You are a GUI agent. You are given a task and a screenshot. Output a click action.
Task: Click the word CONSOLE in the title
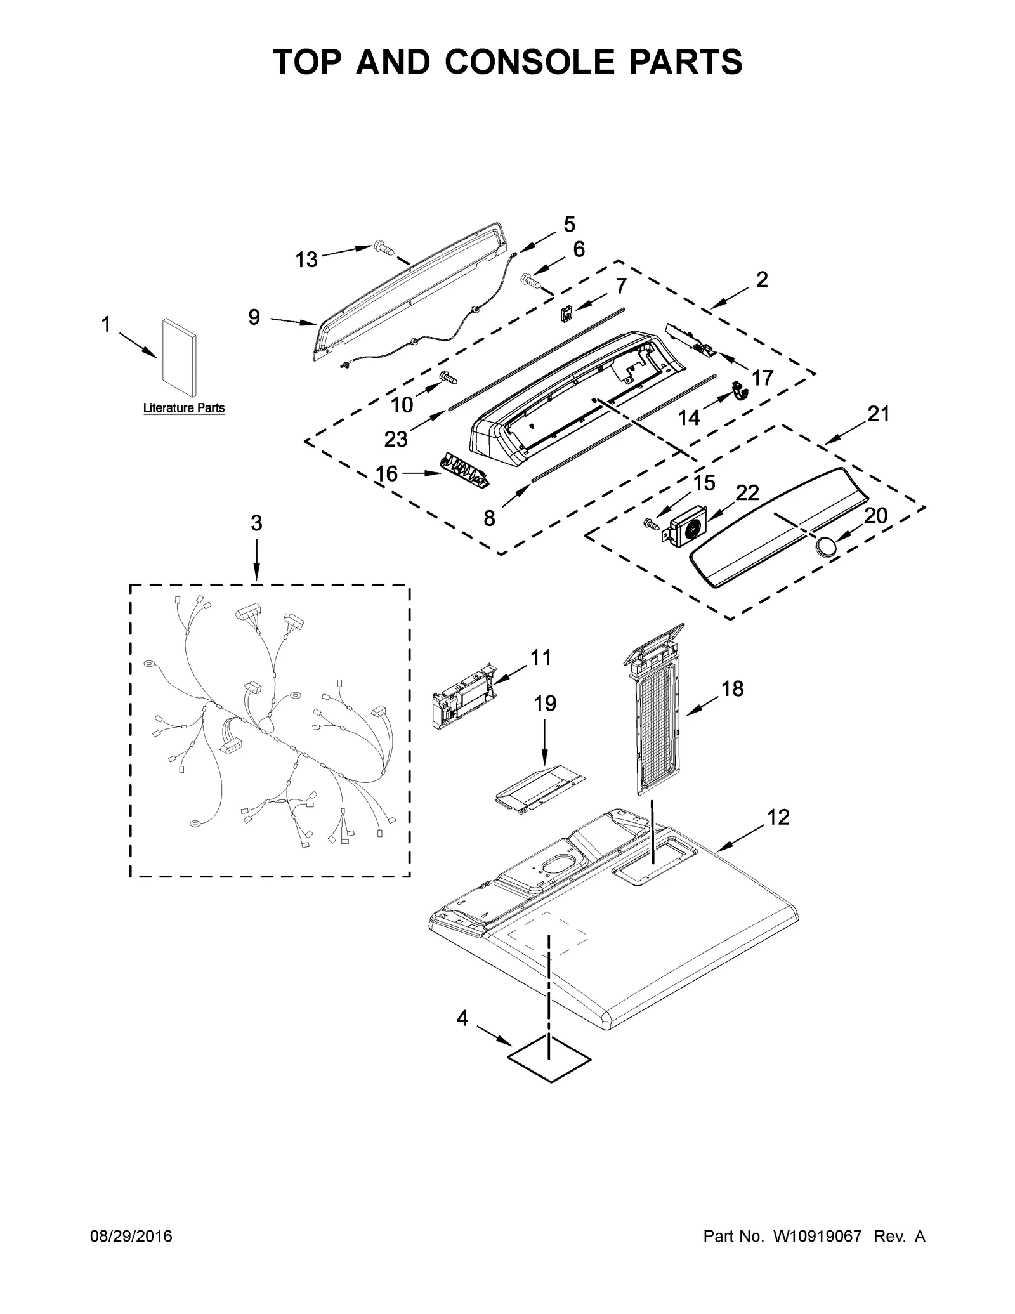[x=527, y=62]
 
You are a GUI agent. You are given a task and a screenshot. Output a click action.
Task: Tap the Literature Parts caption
[x=184, y=408]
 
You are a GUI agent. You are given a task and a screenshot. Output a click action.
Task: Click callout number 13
[x=306, y=260]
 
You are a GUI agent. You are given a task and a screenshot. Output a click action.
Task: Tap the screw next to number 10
[x=449, y=379]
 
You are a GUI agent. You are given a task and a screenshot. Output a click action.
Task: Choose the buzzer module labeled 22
[x=686, y=525]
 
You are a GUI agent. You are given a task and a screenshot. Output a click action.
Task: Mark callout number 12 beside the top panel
[x=778, y=817]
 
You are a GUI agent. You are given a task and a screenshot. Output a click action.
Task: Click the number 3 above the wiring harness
[x=256, y=523]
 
